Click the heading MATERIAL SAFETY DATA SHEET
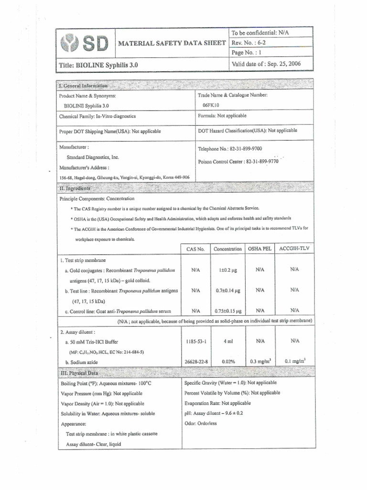click(172, 43)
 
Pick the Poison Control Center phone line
click(238, 162)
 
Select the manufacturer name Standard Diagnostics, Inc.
click(93, 157)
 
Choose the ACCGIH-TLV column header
click(294, 249)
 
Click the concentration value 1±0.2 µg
click(228, 270)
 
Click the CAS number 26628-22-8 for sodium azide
click(196, 362)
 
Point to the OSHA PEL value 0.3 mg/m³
click(260, 362)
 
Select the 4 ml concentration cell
click(227, 342)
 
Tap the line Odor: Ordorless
click(200, 423)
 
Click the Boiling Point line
click(106, 384)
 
